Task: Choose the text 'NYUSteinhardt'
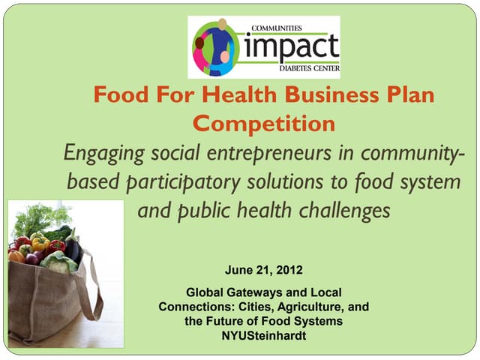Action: pyautogui.click(x=263, y=334)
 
